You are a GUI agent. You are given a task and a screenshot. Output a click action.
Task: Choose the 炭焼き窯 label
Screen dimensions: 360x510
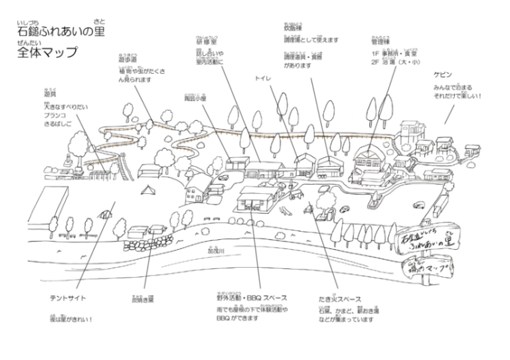[143, 299]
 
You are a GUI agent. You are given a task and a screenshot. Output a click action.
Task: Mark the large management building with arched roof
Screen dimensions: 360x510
[368, 160]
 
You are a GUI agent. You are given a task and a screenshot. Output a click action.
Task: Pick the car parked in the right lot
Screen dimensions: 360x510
[418, 206]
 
